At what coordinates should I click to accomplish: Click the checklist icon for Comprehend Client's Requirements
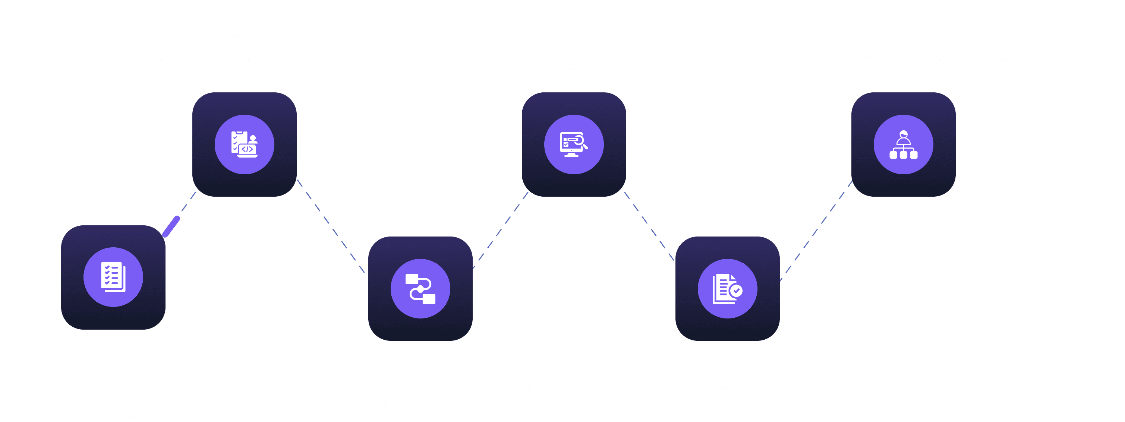[113, 277]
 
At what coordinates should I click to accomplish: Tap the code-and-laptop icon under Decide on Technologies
[245, 145]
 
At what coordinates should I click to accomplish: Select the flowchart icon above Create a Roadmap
[420, 288]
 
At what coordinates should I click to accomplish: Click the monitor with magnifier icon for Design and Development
[574, 145]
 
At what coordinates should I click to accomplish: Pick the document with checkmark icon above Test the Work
[727, 288]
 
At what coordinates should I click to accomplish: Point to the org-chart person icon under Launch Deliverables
[903, 145]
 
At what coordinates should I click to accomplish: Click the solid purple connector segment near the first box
[171, 226]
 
